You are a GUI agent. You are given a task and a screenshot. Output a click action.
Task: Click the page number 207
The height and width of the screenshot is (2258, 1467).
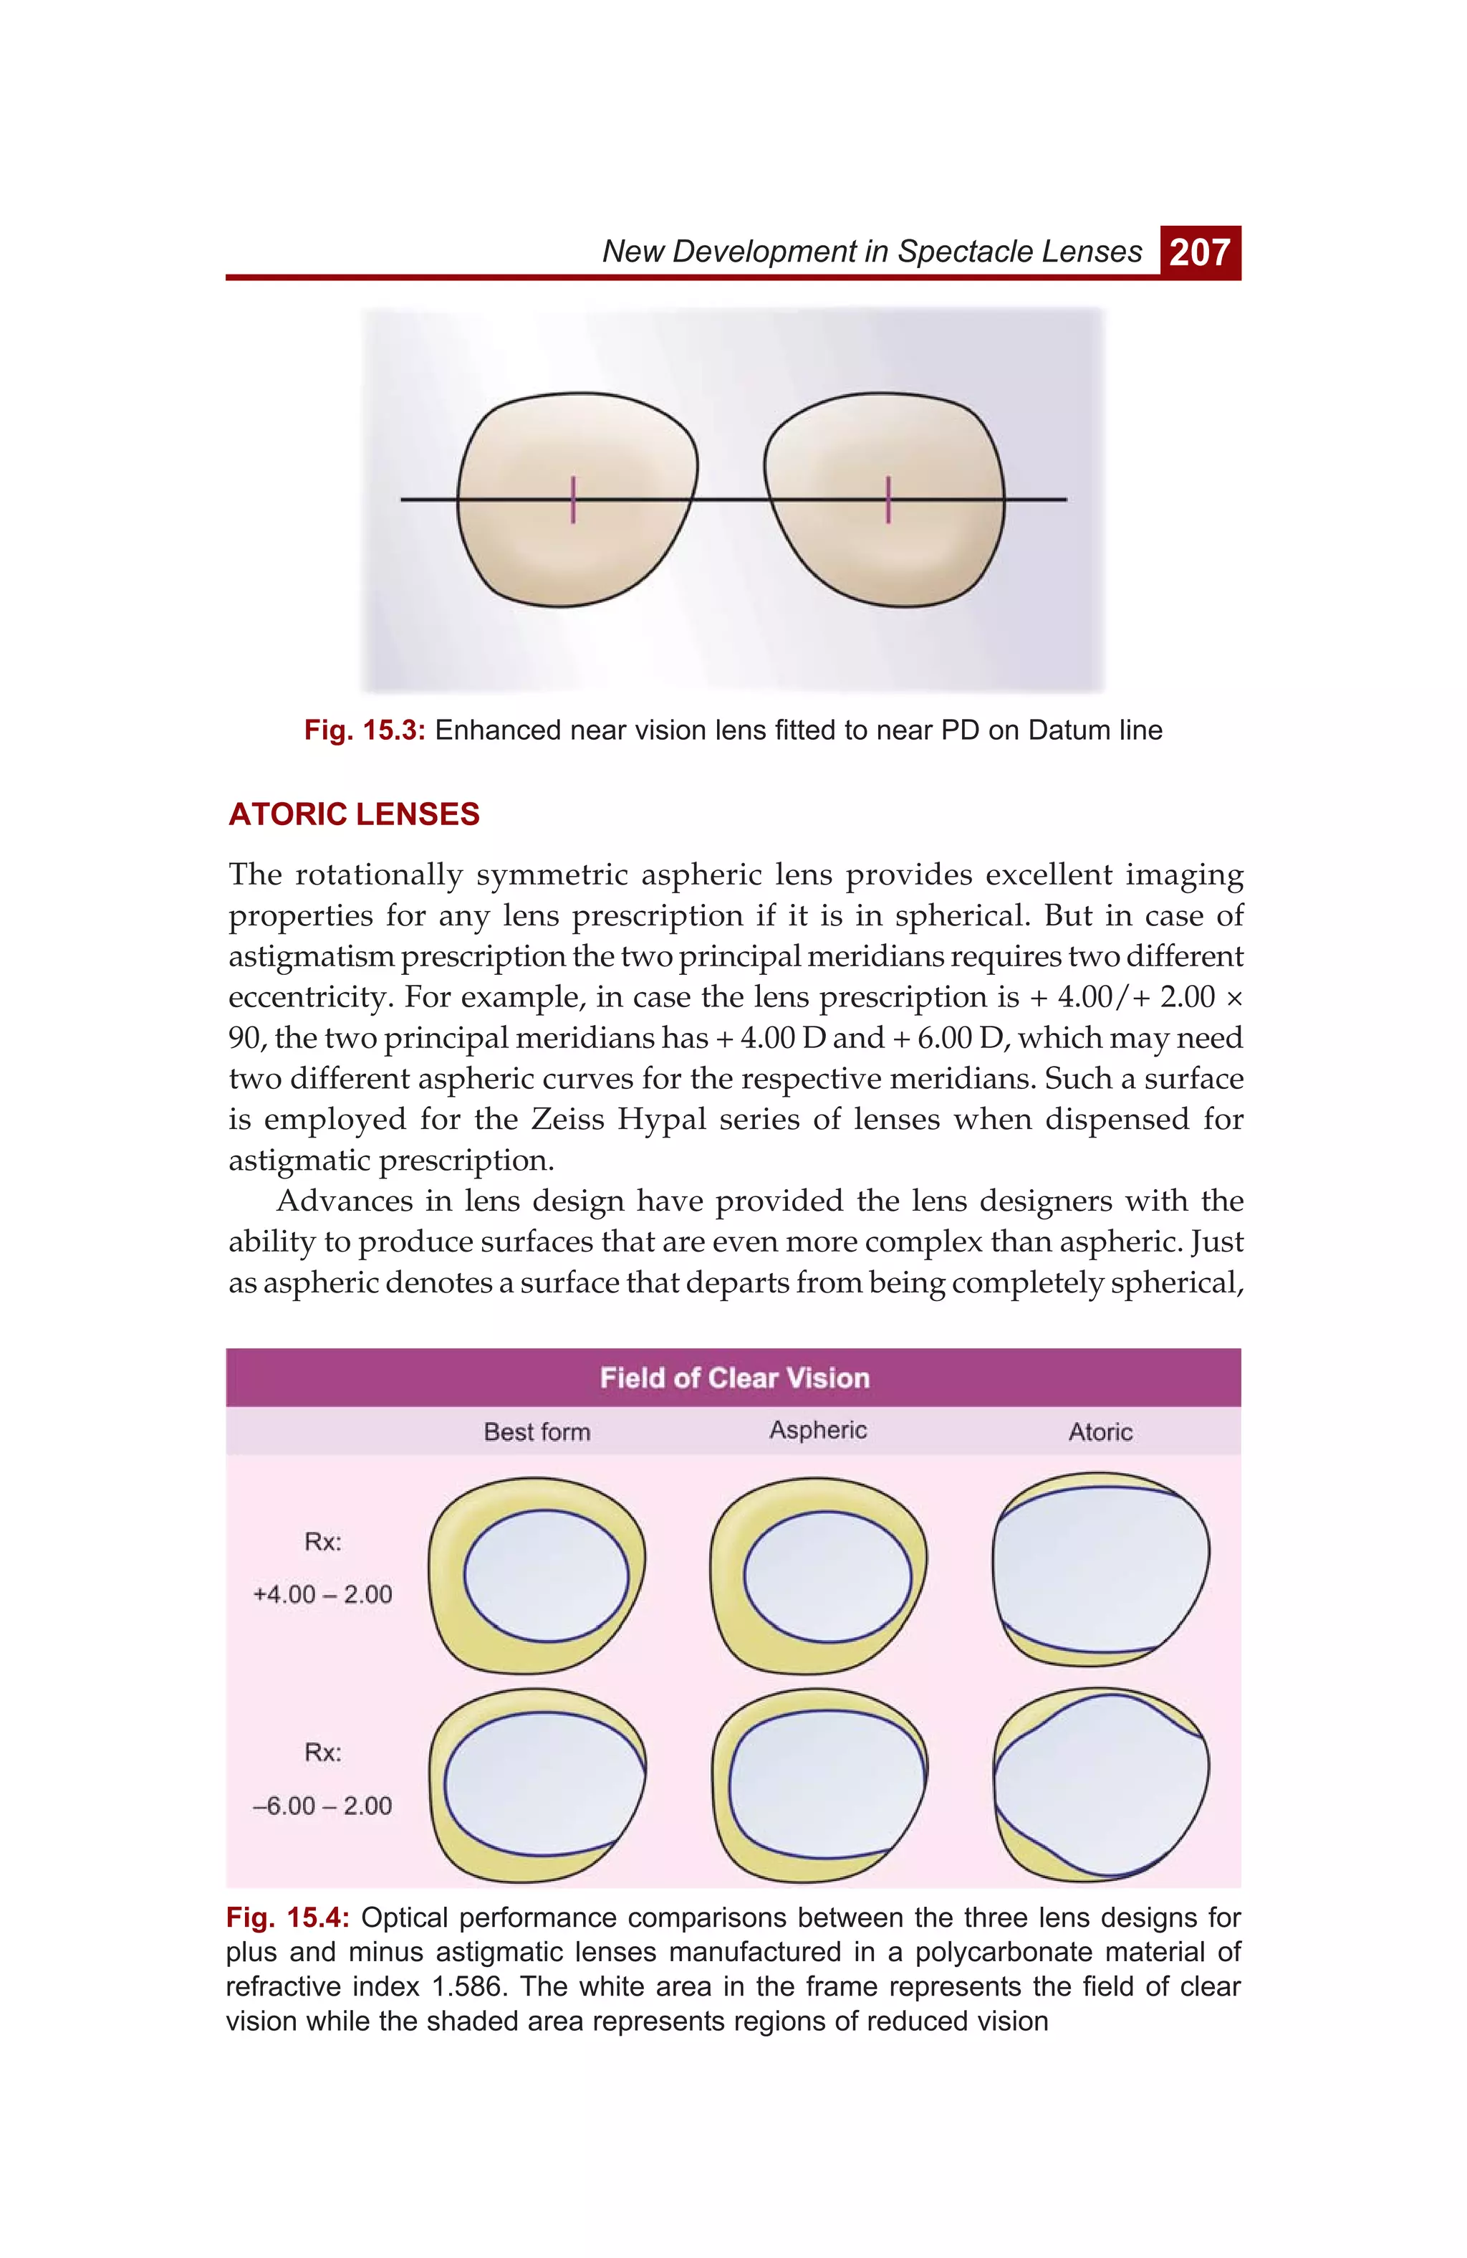tap(1200, 252)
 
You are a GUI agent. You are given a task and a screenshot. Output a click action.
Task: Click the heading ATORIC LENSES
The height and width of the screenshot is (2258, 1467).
tap(355, 814)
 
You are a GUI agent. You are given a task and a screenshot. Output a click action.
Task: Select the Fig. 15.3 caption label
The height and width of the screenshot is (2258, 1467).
tap(364, 730)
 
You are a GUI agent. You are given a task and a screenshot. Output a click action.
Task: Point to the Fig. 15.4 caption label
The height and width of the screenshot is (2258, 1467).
tap(288, 1918)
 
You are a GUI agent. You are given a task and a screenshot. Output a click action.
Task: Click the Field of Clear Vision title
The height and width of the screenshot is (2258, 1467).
tap(734, 1378)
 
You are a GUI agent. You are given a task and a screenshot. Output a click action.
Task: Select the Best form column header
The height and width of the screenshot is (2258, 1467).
tap(537, 1432)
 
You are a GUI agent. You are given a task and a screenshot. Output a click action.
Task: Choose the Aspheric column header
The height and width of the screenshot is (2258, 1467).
tap(817, 1430)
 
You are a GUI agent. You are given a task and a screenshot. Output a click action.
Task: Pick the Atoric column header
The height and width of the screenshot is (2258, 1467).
tap(1100, 1432)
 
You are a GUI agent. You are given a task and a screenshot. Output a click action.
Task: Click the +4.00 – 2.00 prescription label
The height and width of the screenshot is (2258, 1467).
tap(322, 1594)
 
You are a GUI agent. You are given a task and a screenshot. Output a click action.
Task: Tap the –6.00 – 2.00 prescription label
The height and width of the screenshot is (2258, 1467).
tap(322, 1806)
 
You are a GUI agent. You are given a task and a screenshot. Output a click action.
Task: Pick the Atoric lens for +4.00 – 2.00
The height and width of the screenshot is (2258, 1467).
tap(1101, 1570)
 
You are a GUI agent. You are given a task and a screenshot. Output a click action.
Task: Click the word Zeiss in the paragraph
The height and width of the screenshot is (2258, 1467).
tap(568, 1120)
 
